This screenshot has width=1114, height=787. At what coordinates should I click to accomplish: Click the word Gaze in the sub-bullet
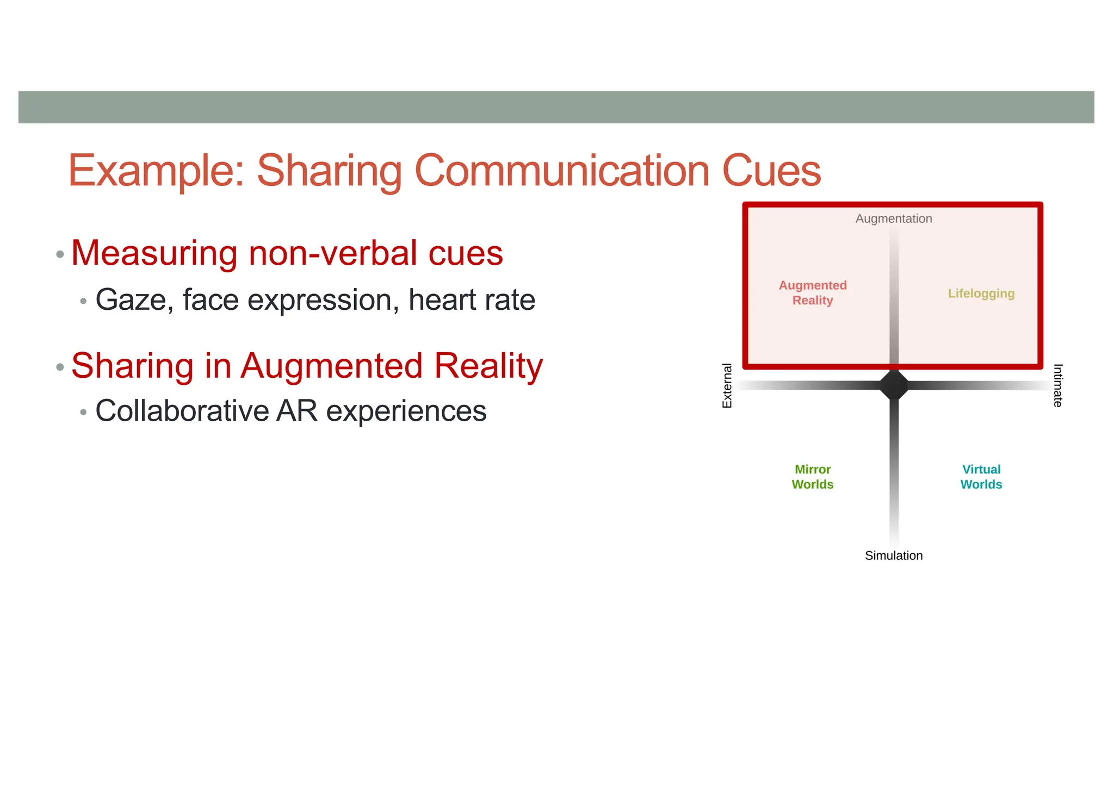tap(131, 300)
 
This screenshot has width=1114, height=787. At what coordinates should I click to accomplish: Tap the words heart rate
tap(472, 300)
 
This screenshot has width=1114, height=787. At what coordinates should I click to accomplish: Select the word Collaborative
tap(182, 411)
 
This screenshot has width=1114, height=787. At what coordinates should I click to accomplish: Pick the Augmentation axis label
tap(894, 218)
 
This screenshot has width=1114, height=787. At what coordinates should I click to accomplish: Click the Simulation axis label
tap(894, 555)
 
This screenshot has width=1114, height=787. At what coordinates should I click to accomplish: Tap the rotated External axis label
tap(727, 385)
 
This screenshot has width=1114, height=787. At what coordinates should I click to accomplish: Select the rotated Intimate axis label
tap(1058, 385)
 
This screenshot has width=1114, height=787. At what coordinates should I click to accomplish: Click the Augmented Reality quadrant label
tap(813, 293)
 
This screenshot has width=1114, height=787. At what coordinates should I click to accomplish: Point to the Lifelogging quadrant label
tap(981, 293)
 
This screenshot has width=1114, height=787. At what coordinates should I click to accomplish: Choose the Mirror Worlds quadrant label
tap(813, 477)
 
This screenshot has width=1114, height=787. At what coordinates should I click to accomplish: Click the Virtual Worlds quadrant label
tap(981, 477)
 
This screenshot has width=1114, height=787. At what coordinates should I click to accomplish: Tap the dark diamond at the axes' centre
tap(894, 385)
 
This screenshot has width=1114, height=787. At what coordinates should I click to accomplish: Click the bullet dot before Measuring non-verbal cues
tap(60, 254)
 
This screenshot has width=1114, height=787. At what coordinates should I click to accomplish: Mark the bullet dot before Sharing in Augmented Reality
tap(60, 367)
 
